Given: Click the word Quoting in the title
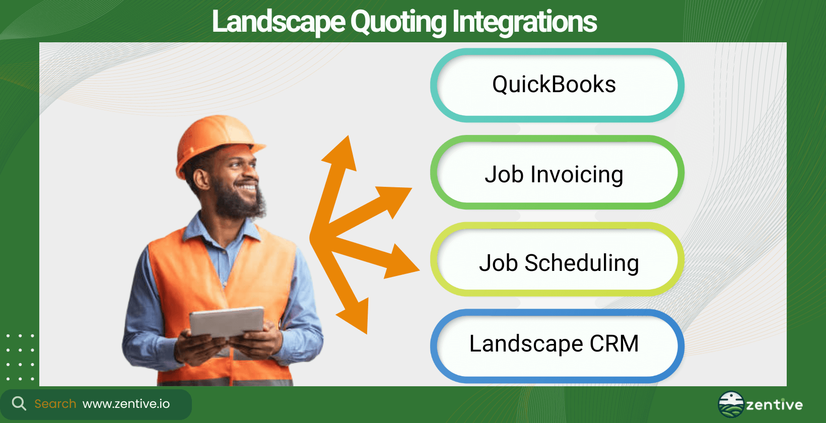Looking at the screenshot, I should (398, 22).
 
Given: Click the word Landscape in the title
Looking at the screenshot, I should (279, 22).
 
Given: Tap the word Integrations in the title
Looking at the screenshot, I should (524, 22).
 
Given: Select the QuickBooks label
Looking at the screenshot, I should (554, 85).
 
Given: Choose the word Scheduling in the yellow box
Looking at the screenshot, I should (582, 263).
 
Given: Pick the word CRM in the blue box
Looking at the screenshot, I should (614, 344).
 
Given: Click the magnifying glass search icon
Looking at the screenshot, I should (19, 403).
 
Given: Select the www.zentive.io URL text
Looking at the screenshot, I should (126, 404).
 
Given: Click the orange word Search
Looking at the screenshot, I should (55, 404).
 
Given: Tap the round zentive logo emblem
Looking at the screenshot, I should (731, 404).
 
